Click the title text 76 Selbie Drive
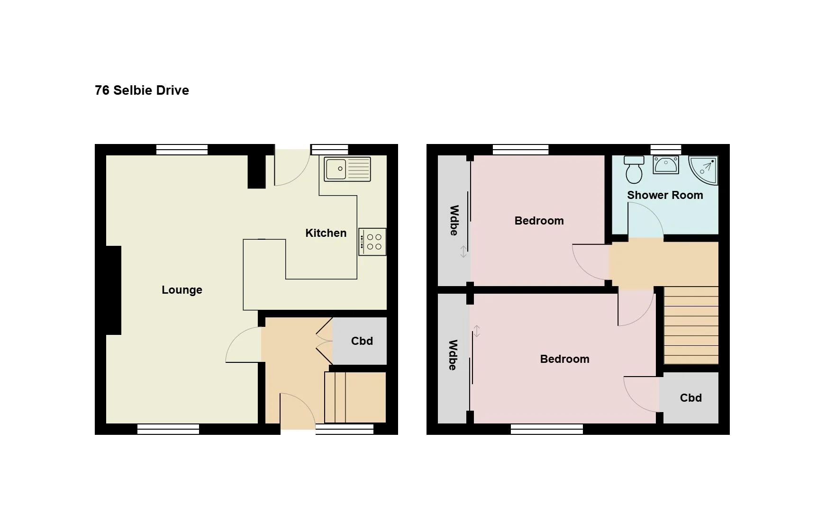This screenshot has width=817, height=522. pyautogui.click(x=142, y=90)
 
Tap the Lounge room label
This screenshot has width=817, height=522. pyautogui.click(x=182, y=290)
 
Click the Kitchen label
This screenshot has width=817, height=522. pyautogui.click(x=326, y=233)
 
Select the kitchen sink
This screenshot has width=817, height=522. pyautogui.click(x=347, y=169)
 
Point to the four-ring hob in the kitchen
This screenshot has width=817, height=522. pyautogui.click(x=372, y=242)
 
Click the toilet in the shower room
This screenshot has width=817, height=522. pyautogui.click(x=634, y=170)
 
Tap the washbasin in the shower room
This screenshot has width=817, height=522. pyautogui.click(x=666, y=165)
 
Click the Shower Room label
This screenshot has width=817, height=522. pyautogui.click(x=665, y=195)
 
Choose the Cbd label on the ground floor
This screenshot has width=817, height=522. pyautogui.click(x=362, y=341)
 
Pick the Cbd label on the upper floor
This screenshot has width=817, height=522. pyautogui.click(x=691, y=398)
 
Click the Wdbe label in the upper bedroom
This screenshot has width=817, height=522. pyautogui.click(x=454, y=220)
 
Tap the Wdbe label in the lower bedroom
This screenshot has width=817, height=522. pyautogui.click(x=453, y=355)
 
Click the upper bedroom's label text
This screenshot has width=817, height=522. pyautogui.click(x=539, y=221)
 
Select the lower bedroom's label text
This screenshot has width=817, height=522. pyautogui.click(x=565, y=359)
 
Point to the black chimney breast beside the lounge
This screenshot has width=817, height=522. pyautogui.click(x=114, y=290)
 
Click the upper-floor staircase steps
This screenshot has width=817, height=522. pyautogui.click(x=691, y=325)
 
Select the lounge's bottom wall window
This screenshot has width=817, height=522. pyautogui.click(x=168, y=429)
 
